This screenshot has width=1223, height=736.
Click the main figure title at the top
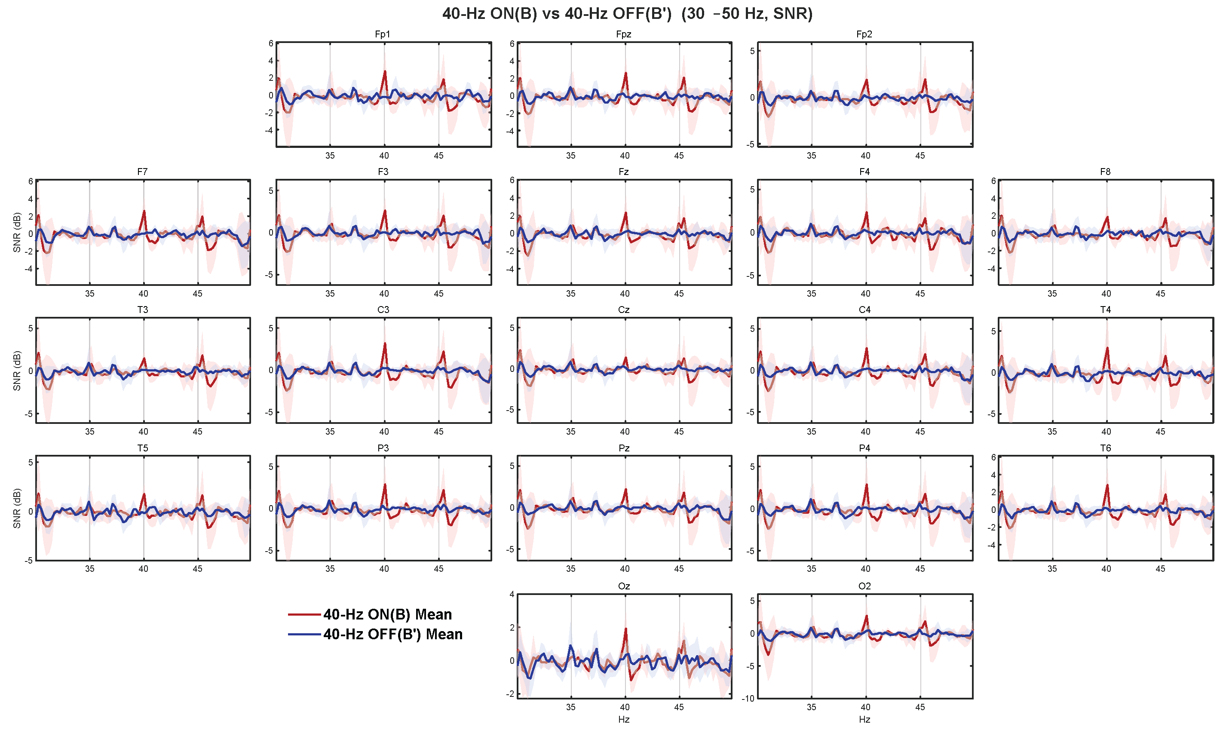(627, 13)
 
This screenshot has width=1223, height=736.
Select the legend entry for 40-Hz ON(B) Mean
(387, 614)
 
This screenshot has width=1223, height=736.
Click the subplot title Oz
(624, 586)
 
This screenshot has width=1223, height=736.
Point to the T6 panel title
(1106, 448)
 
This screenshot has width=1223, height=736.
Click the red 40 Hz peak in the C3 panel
(385, 343)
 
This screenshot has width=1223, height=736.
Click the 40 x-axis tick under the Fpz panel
(625, 156)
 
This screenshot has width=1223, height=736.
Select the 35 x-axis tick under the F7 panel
(90, 294)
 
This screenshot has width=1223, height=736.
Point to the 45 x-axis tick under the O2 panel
(920, 707)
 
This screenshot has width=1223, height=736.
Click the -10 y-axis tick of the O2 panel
(748, 699)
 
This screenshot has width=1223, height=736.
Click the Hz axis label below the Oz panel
(624, 719)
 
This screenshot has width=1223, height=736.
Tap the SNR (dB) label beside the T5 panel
(17, 508)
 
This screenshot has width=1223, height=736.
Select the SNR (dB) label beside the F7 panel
(17, 232)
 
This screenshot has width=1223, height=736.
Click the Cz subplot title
(624, 310)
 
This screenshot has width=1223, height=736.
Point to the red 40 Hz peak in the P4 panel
(866, 485)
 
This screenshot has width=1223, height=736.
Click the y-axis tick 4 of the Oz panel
(512, 595)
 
